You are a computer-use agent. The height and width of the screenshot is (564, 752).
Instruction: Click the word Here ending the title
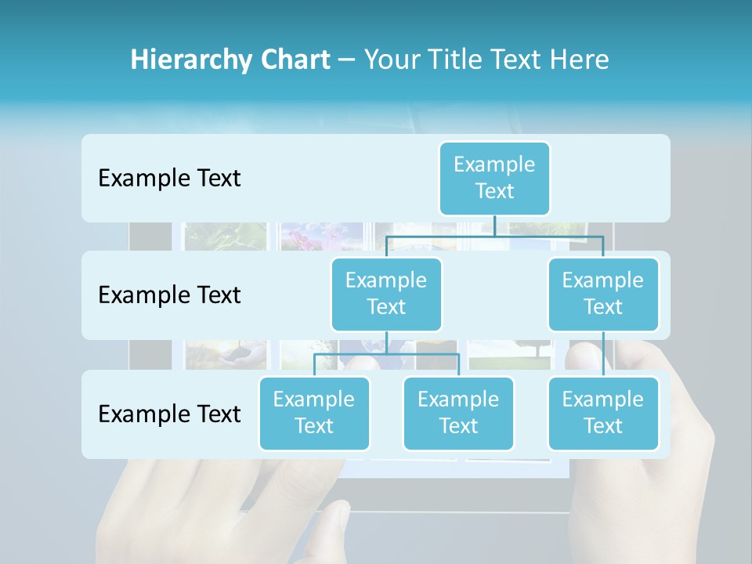pos(580,60)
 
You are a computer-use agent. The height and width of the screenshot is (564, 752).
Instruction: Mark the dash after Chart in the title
pos(347,60)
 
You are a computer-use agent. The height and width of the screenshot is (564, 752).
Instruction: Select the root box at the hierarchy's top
pos(494,178)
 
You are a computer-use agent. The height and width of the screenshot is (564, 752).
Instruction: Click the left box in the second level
pos(386,294)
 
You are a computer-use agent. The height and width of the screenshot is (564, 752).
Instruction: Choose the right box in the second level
pos(603,294)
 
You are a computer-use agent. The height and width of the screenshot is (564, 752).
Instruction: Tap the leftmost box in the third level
pos(314,413)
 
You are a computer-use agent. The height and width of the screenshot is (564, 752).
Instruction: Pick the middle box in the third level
pos(458,413)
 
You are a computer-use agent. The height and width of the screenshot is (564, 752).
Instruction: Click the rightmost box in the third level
pos(603,413)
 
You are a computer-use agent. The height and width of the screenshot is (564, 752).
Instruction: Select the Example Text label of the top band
pos(169,179)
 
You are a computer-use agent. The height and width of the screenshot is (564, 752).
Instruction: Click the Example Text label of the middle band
pos(169,295)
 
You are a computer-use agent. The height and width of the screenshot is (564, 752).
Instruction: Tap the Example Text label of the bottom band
pos(169,414)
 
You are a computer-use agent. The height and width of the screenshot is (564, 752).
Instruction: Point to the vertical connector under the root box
pos(494,226)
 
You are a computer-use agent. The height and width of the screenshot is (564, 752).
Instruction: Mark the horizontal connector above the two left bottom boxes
pos(386,354)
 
